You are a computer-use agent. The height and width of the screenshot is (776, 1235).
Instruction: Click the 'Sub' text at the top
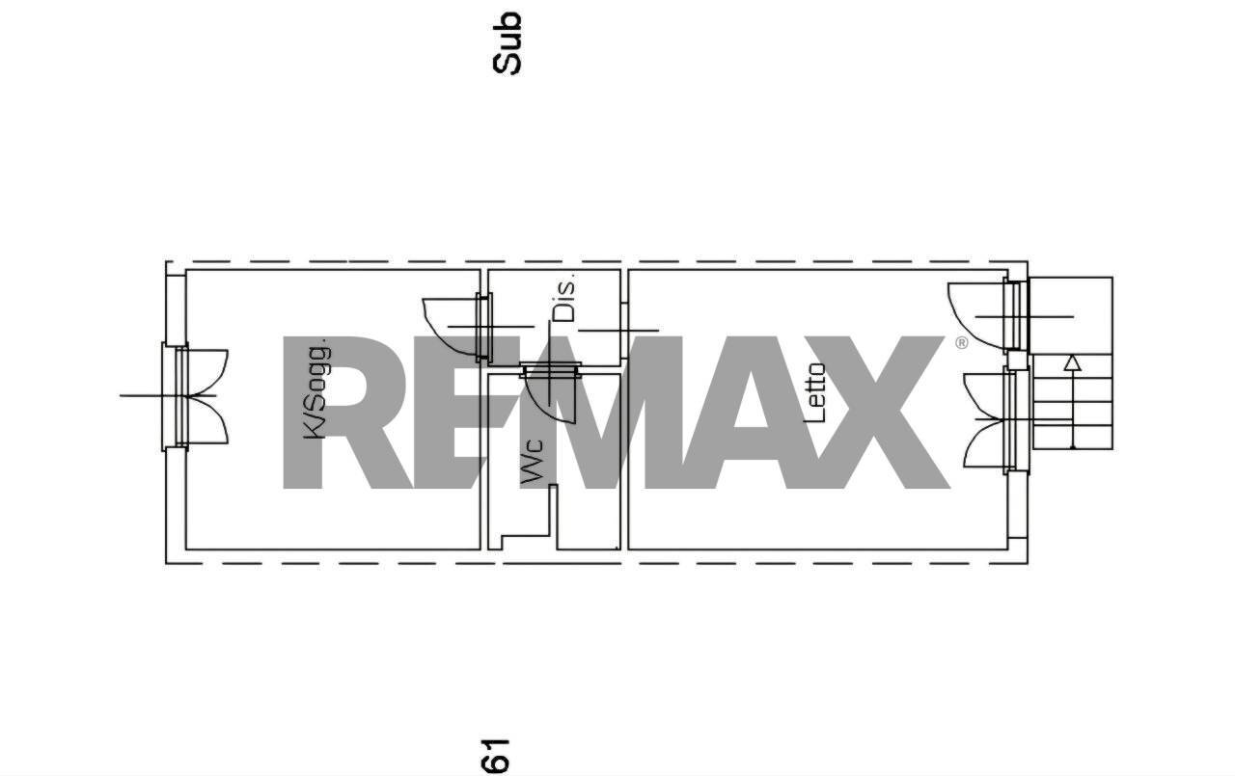[507, 43]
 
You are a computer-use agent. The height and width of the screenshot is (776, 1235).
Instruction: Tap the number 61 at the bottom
[496, 756]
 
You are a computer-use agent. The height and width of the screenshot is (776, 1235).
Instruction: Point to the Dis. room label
[564, 298]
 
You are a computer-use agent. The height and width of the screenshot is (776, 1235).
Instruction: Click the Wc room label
[533, 461]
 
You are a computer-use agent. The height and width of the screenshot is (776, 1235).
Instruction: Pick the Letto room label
[815, 392]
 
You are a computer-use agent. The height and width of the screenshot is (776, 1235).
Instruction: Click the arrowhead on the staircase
[1072, 362]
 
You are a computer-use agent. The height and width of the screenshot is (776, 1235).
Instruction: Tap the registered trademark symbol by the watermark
[961, 342]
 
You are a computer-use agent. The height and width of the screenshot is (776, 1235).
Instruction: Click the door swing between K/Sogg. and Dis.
[451, 328]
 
